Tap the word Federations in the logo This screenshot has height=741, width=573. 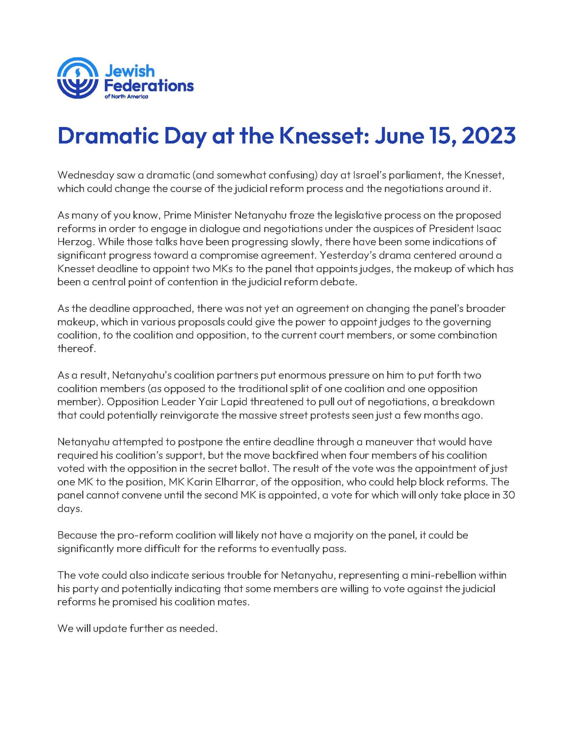pos(149,86)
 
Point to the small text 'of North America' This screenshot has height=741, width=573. pos(126,97)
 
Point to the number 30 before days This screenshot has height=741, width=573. pos(508,495)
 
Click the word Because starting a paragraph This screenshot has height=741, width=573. pos(77,535)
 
